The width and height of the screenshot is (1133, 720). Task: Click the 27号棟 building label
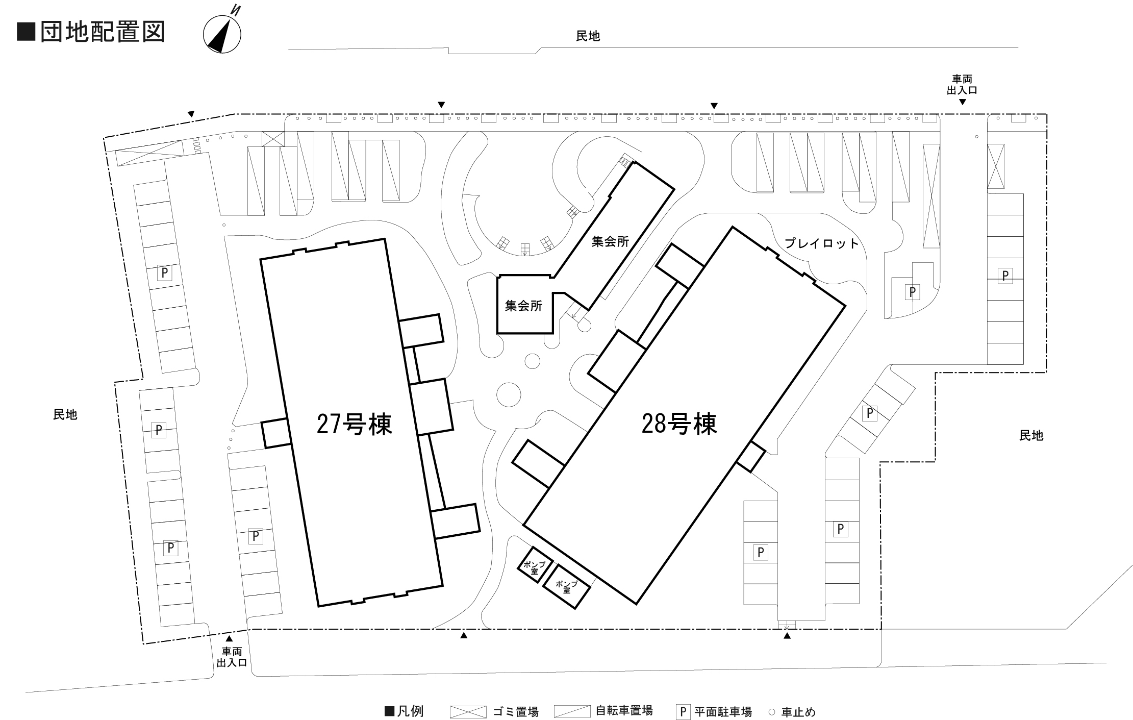354,424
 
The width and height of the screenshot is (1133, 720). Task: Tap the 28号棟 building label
679,424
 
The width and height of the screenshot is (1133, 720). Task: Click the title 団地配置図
103,32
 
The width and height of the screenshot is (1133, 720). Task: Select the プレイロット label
822,243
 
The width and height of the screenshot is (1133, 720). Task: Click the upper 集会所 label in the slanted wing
610,241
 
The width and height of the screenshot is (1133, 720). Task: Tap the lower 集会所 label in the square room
523,306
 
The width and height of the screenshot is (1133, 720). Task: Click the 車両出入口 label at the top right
962,85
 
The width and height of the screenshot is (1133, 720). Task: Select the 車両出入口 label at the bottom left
232,657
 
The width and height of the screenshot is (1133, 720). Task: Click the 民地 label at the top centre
588,36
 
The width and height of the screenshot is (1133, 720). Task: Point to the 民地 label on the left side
65,415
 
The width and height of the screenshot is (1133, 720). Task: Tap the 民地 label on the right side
1031,436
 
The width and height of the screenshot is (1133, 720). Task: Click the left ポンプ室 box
535,565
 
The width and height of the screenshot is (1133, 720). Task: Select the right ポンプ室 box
566,586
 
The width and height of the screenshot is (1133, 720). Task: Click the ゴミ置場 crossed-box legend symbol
468,712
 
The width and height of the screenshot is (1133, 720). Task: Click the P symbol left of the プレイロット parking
912,292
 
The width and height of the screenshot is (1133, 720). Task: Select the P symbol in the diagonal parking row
869,413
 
